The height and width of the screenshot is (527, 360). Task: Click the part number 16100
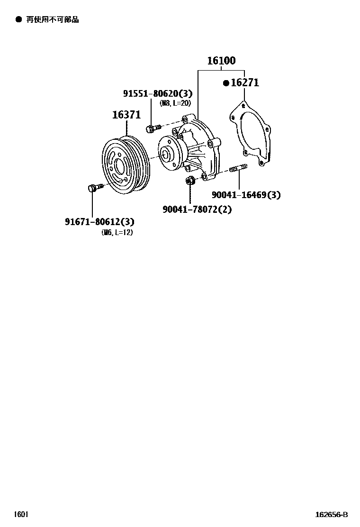(x=221, y=61)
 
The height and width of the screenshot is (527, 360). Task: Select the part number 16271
(x=245, y=82)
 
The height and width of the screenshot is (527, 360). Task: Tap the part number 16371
(x=126, y=115)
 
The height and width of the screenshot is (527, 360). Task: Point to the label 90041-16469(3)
(x=246, y=195)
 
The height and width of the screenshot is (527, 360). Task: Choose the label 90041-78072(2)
(x=197, y=209)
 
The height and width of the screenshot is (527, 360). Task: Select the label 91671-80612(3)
(x=99, y=221)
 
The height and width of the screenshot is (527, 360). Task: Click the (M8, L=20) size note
(x=175, y=103)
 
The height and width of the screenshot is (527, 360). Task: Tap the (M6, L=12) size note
(x=117, y=232)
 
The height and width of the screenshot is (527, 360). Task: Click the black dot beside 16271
(x=226, y=82)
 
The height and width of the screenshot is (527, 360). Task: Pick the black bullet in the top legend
(x=19, y=19)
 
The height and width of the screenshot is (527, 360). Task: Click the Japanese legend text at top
(x=53, y=19)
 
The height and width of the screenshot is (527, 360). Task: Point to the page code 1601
(x=21, y=514)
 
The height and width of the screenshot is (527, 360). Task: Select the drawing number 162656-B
(x=332, y=515)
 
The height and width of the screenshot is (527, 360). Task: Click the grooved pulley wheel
(x=126, y=165)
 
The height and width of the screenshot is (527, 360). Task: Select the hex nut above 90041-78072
(x=190, y=180)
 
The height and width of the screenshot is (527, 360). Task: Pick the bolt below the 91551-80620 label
(x=153, y=127)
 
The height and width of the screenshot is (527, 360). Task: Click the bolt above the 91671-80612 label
(x=95, y=187)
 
